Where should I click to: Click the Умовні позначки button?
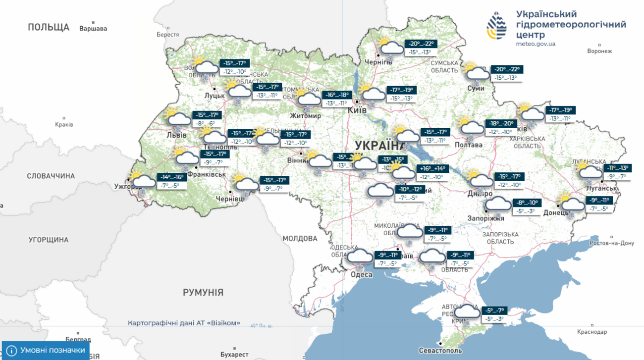(x=46, y=350)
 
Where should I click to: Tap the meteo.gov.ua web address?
(x=536, y=44)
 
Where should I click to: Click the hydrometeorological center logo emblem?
(x=496, y=26)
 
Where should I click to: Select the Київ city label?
(x=357, y=110)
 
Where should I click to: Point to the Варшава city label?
(x=93, y=29)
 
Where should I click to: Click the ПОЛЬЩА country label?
(x=49, y=27)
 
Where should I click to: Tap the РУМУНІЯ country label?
(x=203, y=293)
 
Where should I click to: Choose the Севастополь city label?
(x=440, y=351)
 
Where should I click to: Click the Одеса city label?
(x=361, y=274)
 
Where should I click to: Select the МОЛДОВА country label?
(x=300, y=239)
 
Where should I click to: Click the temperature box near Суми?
(x=506, y=73)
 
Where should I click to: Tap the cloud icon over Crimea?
(x=467, y=312)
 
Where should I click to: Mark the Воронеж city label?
(x=599, y=51)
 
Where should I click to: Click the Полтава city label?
(x=468, y=145)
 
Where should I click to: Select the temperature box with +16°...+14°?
(x=432, y=172)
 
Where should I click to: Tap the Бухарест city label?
(x=234, y=355)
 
